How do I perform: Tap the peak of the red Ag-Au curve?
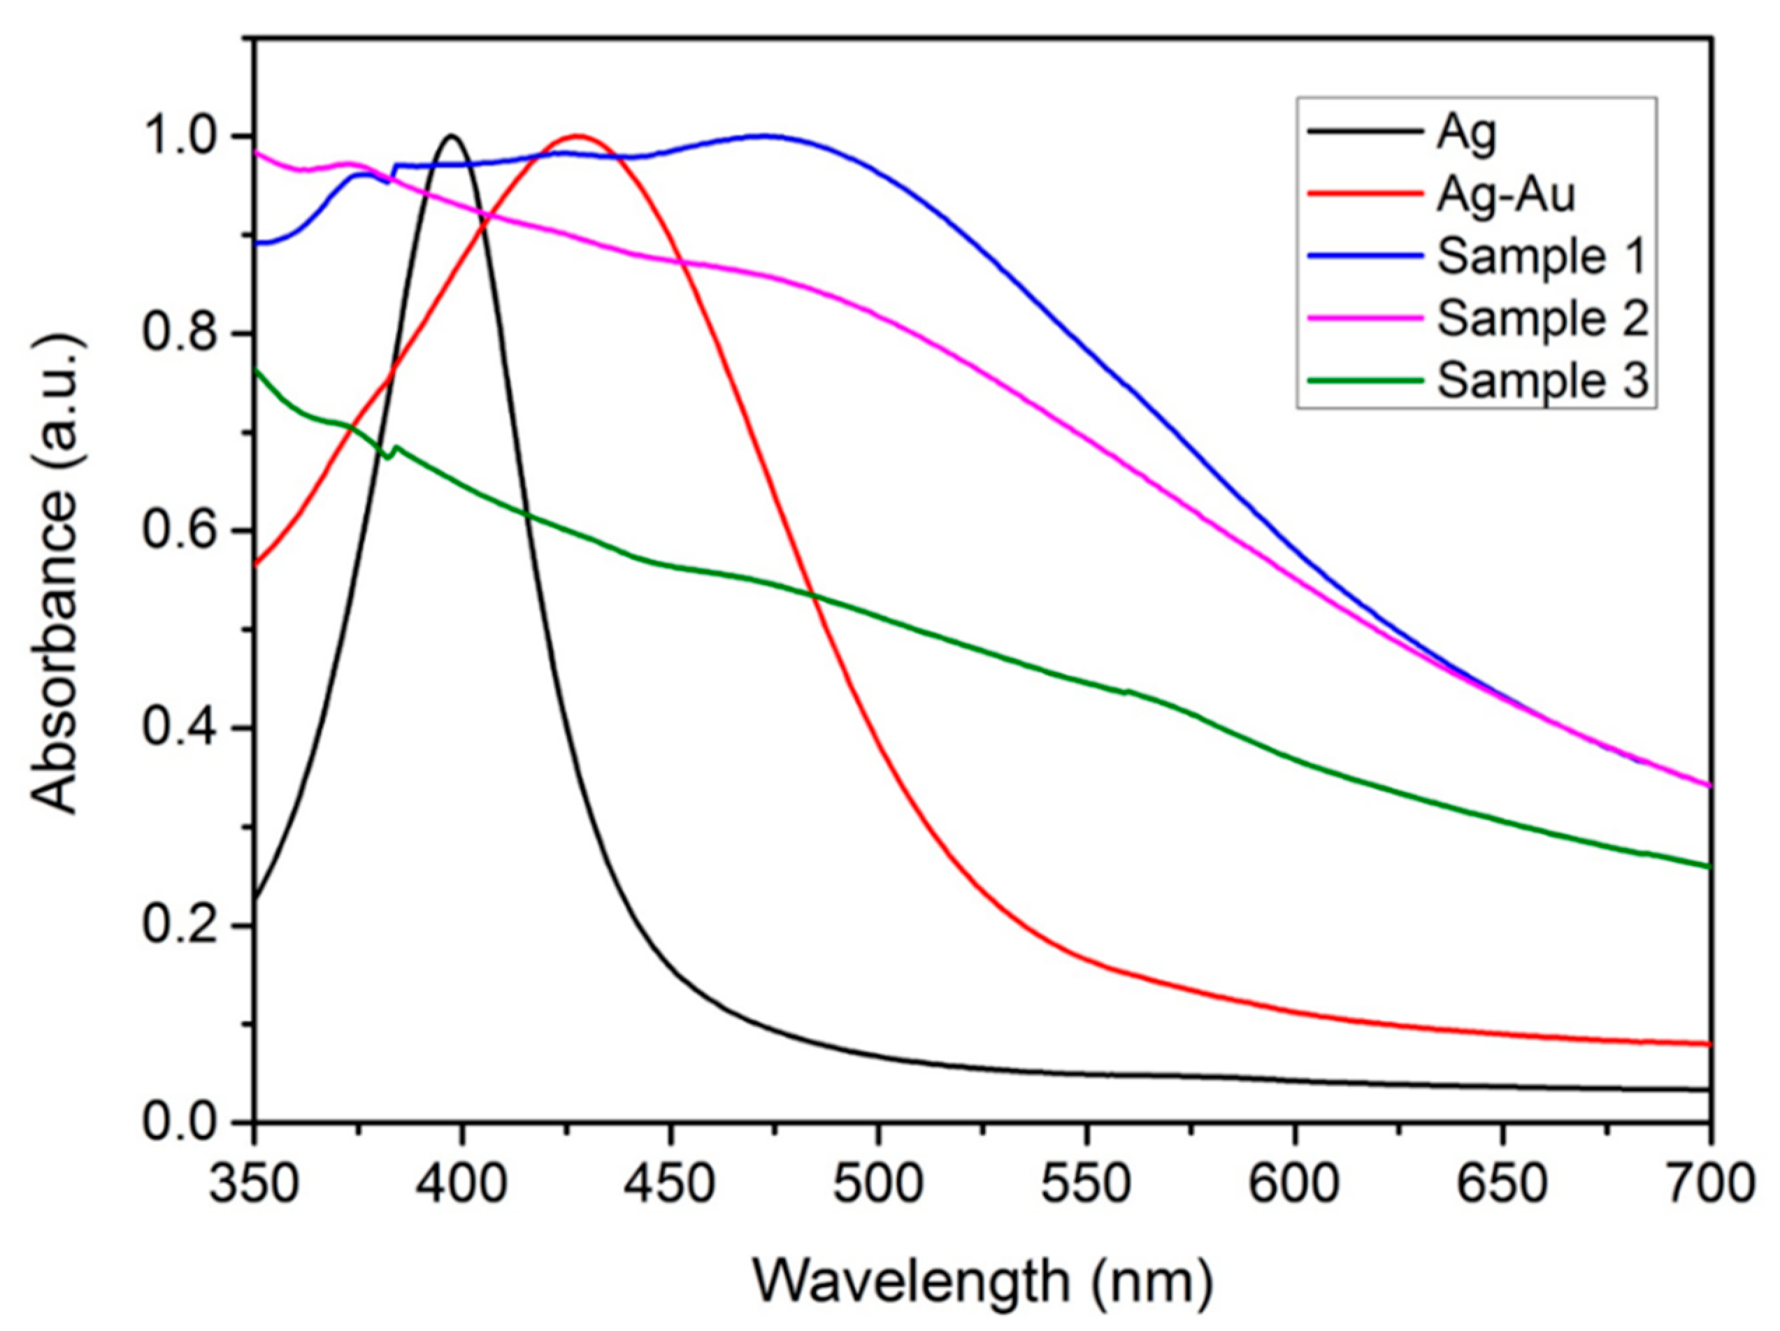[x=577, y=135]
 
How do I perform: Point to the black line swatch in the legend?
[x=1364, y=134]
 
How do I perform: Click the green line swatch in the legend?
[x=1364, y=380]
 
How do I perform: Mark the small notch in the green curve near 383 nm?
[x=389, y=457]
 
